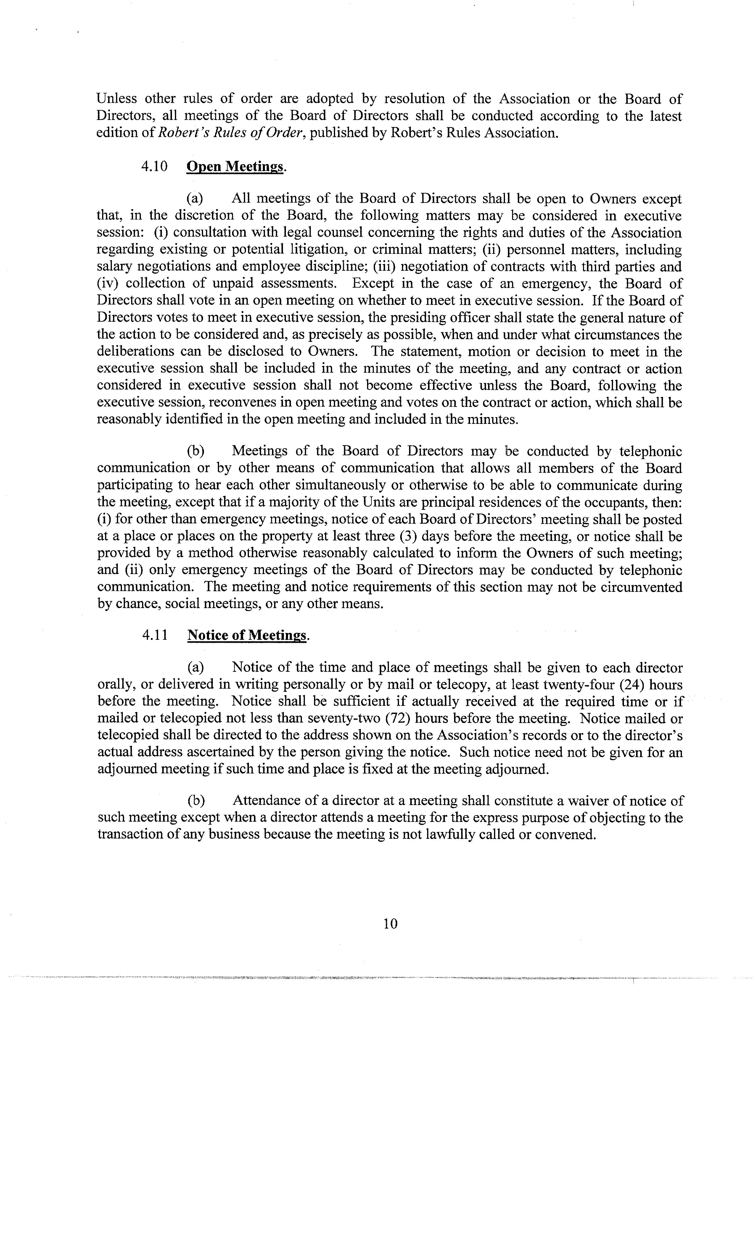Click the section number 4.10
point(155,166)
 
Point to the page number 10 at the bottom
point(390,924)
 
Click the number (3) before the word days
point(407,536)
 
